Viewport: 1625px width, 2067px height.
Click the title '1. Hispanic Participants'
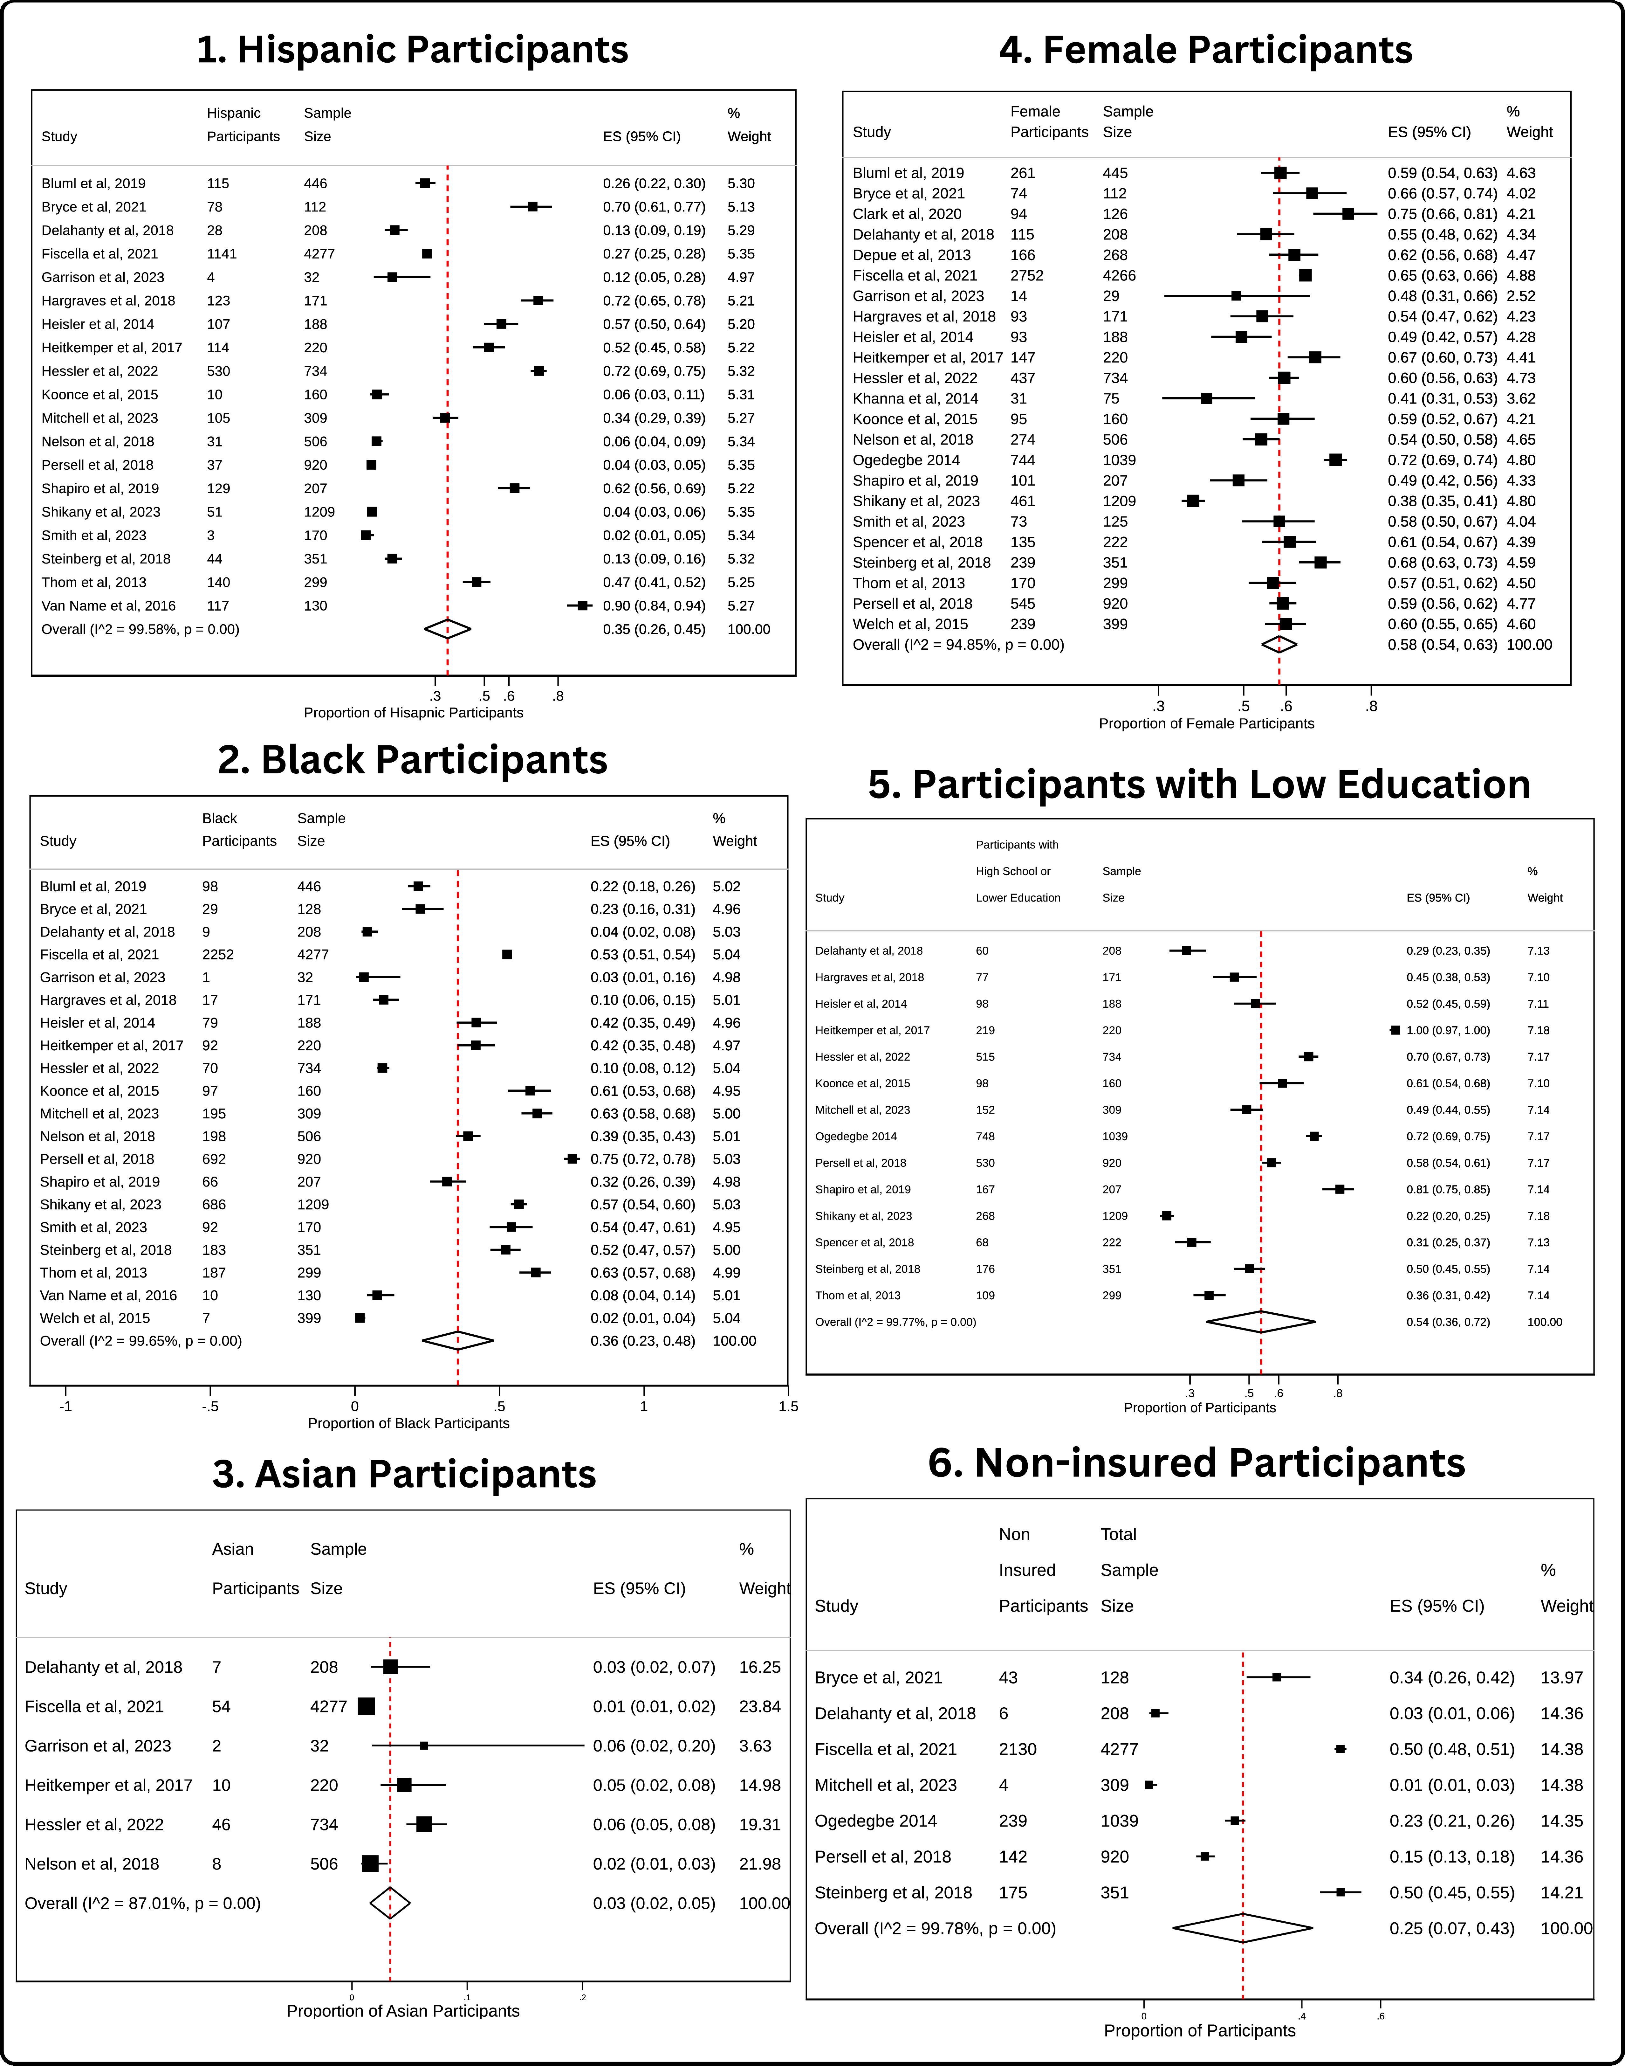(x=412, y=50)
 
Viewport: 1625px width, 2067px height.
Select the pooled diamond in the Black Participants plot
(x=458, y=1341)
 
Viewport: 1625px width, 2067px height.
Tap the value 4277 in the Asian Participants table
(x=328, y=1706)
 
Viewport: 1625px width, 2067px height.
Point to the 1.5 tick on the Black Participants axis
(x=788, y=1407)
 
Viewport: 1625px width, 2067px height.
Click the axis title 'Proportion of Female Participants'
(x=1206, y=723)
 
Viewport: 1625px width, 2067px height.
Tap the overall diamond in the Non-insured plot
(x=1243, y=1928)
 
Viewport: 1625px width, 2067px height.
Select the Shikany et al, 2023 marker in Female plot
(x=1193, y=501)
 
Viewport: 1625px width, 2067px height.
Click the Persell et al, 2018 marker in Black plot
(x=572, y=1159)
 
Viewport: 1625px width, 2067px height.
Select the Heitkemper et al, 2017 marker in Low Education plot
(x=1396, y=1030)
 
